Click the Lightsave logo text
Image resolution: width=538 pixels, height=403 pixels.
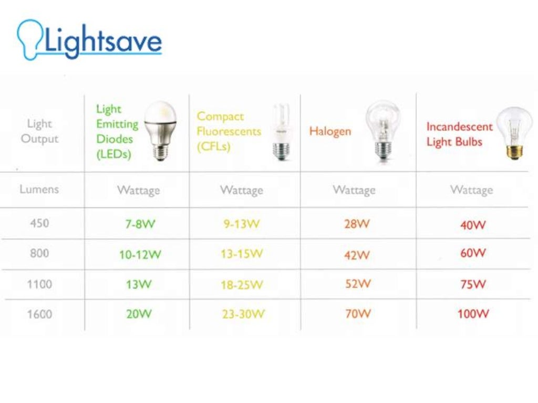tap(103, 41)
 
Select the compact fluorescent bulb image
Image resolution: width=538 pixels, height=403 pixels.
tap(281, 132)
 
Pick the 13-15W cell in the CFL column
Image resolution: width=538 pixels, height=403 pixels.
tap(242, 254)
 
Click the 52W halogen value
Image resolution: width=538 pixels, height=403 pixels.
tap(357, 284)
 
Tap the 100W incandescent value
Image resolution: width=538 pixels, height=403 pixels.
tap(473, 314)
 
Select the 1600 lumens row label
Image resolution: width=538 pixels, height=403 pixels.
tap(39, 314)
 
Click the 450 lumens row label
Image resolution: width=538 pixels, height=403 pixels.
tap(39, 223)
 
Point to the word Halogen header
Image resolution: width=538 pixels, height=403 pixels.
tap(329, 131)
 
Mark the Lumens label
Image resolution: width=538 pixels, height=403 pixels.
tap(39, 189)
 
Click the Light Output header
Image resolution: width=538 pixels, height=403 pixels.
tap(39, 131)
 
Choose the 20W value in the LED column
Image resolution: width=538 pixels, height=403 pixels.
tap(139, 314)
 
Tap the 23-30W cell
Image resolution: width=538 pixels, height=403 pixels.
tap(243, 314)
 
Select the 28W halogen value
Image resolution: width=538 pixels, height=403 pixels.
tap(357, 224)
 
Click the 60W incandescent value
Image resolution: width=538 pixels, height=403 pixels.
tap(473, 253)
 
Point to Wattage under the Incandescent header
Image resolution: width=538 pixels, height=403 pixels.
tap(471, 189)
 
